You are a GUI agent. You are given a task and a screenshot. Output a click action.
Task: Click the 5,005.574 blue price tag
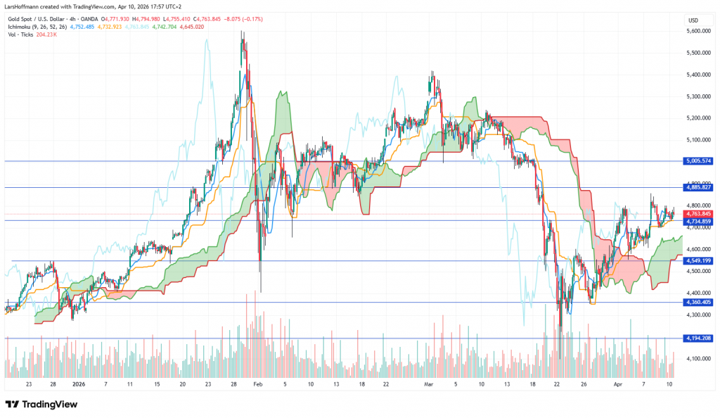(697, 161)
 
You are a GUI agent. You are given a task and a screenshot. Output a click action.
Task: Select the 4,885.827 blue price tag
(697, 187)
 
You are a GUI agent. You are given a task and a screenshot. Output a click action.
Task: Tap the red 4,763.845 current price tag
(697, 214)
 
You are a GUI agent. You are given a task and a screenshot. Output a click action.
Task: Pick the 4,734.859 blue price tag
(697, 221)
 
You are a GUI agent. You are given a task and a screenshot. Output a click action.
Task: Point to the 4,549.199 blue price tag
(697, 261)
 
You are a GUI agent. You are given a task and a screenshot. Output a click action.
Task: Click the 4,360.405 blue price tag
(697, 303)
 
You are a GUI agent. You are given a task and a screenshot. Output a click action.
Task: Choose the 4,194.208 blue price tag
(697, 338)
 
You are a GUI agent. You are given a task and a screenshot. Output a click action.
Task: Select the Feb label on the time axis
(257, 386)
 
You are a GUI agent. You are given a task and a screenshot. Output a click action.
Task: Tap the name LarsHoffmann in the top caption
(25, 6)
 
